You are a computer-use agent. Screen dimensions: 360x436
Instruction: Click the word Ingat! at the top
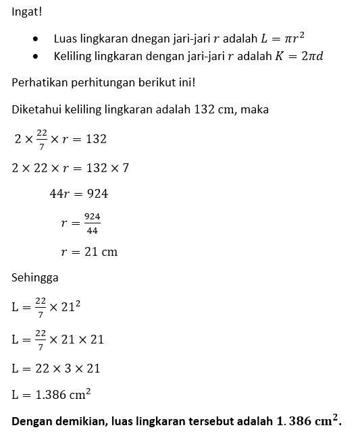click(27, 11)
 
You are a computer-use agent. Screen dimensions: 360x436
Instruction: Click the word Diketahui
click(37, 110)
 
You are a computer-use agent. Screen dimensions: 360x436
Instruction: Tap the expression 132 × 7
click(107, 167)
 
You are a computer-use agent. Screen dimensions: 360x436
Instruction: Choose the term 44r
click(60, 194)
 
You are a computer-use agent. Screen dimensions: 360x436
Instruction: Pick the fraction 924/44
click(93, 223)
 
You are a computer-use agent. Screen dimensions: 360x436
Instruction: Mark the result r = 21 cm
click(89, 252)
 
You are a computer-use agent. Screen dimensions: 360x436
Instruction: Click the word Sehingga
click(35, 277)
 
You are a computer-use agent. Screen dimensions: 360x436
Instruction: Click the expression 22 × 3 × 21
click(66, 369)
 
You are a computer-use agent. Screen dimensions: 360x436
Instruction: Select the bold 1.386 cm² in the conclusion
click(308, 422)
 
